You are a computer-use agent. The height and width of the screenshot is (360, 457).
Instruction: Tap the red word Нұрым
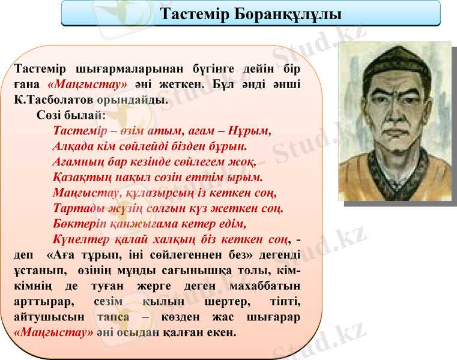click(x=251, y=130)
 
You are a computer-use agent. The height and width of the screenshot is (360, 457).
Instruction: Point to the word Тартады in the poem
click(x=75, y=209)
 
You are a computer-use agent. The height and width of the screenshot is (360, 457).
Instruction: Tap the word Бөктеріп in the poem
click(x=77, y=224)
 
